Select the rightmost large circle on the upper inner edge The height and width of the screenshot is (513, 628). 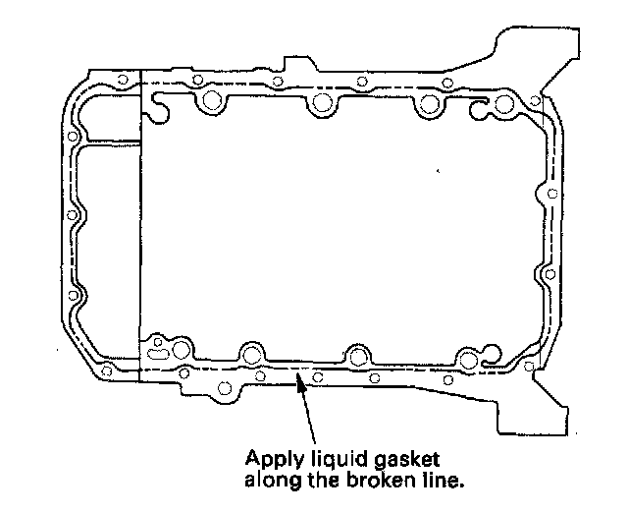tap(505, 104)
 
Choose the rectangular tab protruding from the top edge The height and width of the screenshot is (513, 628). tap(296, 65)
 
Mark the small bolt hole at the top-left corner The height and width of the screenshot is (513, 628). tap(122, 81)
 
